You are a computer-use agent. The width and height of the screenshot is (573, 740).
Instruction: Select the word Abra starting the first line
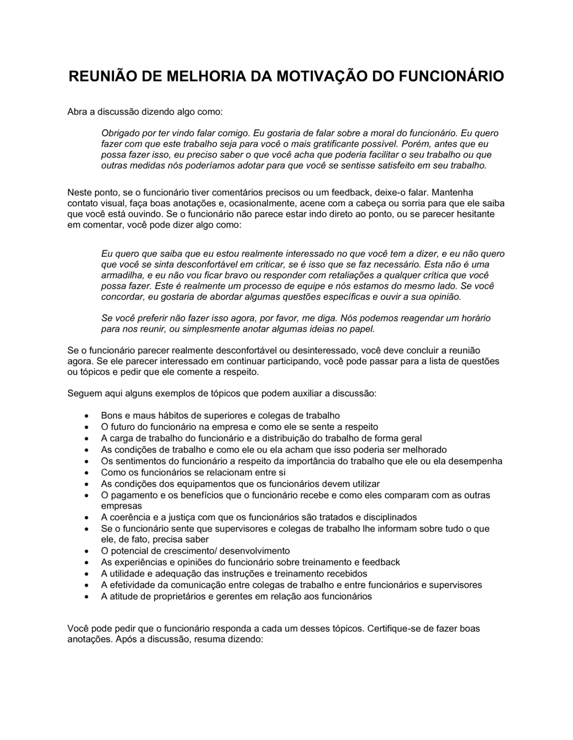(x=77, y=111)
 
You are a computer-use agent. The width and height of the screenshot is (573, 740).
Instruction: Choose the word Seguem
(x=84, y=394)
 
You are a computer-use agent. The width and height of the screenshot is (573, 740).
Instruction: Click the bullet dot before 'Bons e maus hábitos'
(x=87, y=416)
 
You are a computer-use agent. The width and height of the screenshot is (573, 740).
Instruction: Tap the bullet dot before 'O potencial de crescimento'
(x=87, y=551)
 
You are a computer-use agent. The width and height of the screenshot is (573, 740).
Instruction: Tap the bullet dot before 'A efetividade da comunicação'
(x=87, y=585)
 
